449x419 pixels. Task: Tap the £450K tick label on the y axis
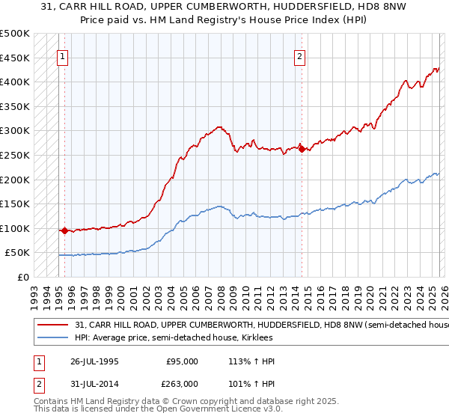point(15,58)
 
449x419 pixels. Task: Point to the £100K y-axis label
point(15,228)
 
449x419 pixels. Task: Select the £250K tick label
point(15,155)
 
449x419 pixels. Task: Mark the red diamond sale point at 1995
point(64,230)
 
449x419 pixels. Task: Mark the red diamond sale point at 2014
point(302,148)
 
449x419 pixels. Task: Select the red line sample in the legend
point(52,325)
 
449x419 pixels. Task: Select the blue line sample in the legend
point(52,338)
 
